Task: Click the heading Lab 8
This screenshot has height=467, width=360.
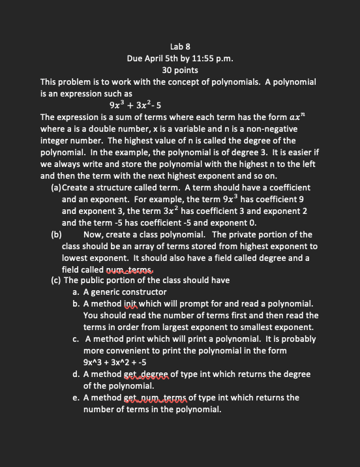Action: coord(179,46)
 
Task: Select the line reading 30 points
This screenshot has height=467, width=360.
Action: coord(179,70)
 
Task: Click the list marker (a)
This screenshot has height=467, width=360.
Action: coord(56,187)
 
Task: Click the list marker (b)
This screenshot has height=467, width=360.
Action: coord(56,234)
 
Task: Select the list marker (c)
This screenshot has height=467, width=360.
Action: coord(56,280)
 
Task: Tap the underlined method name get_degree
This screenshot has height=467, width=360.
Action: coord(146,374)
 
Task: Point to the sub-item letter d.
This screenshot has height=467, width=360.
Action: coord(77,374)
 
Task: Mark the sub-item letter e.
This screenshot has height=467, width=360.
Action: coord(77,398)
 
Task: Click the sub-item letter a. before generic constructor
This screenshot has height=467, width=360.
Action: coord(77,292)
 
